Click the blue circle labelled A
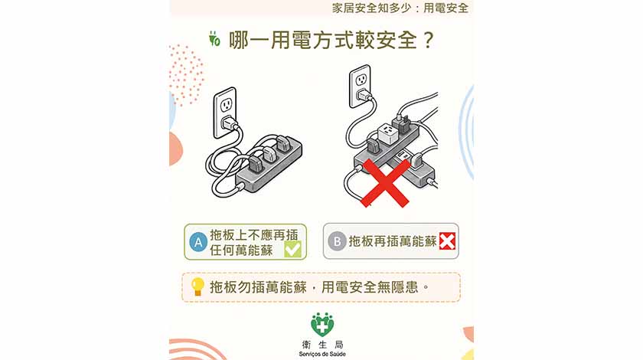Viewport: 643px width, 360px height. coord(198,242)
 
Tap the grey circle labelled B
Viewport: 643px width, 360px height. coord(337,241)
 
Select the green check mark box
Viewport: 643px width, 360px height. coord(292,249)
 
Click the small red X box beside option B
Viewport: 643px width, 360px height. coord(447,241)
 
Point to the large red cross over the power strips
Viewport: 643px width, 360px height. coord(384,183)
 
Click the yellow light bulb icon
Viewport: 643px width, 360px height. coord(197,286)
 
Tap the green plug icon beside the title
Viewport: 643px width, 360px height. coord(214,38)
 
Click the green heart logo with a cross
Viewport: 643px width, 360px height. coord(322,324)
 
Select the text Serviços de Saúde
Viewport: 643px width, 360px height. coord(322,354)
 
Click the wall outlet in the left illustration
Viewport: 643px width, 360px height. coord(225,113)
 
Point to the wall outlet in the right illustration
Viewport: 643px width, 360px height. coord(360,87)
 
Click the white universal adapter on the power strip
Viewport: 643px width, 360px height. coord(387,134)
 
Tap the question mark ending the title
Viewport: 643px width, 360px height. coord(428,41)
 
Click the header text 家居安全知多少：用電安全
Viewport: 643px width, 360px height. coord(400,8)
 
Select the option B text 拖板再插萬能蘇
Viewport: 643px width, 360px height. coord(393,241)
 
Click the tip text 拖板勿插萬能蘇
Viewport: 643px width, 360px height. coord(258,287)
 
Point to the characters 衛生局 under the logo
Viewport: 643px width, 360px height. coord(322,345)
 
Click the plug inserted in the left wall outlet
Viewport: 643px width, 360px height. coord(229,123)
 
